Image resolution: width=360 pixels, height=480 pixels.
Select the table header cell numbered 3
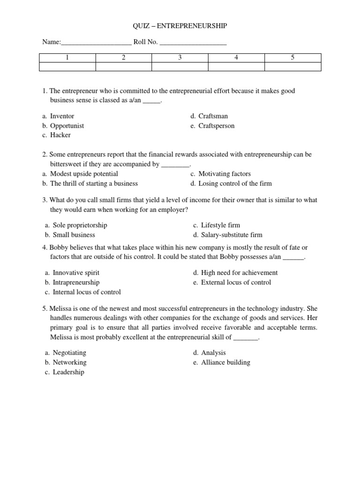[x=180, y=58]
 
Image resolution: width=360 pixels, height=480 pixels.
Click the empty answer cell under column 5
[x=292, y=67]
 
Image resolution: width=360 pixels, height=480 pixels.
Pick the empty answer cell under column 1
[x=67, y=67]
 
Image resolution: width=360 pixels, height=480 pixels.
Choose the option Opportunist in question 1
[x=67, y=126]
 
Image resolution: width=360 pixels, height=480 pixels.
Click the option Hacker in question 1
[x=60, y=135]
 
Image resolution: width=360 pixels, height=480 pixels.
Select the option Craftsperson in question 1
[x=216, y=126]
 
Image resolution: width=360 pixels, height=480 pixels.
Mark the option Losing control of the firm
[x=235, y=183]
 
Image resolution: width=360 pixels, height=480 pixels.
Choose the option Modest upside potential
[x=84, y=173]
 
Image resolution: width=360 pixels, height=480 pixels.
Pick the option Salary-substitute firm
[x=232, y=235]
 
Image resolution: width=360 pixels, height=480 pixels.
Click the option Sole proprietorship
[x=80, y=225]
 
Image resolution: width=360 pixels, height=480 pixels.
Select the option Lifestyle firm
[x=220, y=225]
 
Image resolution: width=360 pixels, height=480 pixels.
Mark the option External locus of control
[x=236, y=282]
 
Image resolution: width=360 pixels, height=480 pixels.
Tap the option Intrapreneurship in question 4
[x=76, y=282]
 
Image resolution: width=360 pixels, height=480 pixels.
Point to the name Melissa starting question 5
[x=61, y=308]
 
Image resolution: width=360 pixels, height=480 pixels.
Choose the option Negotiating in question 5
[x=69, y=352]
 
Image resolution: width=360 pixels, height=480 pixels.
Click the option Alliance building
[x=225, y=362]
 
